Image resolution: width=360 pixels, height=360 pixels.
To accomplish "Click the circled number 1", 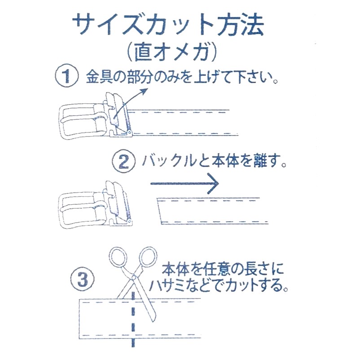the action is pos(66,75).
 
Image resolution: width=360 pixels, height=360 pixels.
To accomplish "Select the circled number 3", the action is pos(83,280).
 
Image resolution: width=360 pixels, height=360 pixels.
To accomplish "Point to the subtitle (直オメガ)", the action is pos(172,52).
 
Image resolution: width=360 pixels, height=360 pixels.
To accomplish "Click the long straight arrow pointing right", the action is pos(184,183).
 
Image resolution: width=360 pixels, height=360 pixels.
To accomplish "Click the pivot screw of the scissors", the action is pos(133,277).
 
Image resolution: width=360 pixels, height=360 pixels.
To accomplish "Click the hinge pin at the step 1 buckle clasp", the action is pos(129,132).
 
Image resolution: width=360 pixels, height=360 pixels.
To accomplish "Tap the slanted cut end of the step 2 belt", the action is pos(159,211).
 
